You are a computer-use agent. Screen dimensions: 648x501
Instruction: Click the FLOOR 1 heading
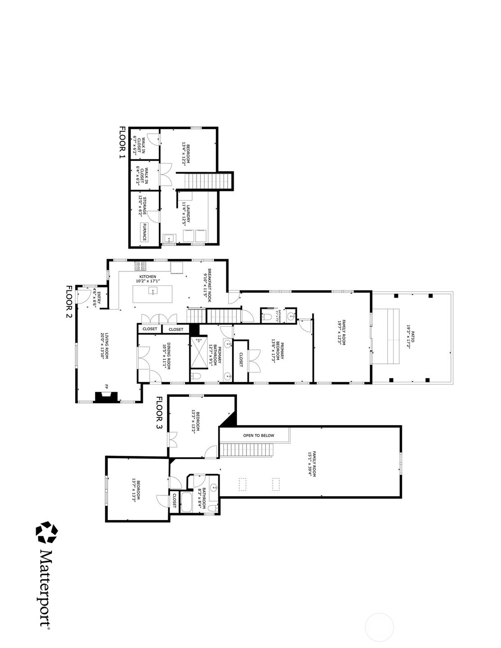[x=122, y=142]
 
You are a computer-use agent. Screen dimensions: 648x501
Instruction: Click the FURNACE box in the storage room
[x=145, y=232]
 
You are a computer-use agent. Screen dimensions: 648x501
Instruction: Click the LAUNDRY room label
[x=187, y=214]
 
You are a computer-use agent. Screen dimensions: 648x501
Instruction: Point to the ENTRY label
[x=97, y=299]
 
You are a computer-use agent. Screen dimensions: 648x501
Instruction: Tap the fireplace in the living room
[x=106, y=397]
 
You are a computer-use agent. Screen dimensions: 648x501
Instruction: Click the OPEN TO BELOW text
[x=258, y=435]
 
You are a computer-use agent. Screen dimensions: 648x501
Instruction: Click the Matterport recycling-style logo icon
[x=47, y=533]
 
